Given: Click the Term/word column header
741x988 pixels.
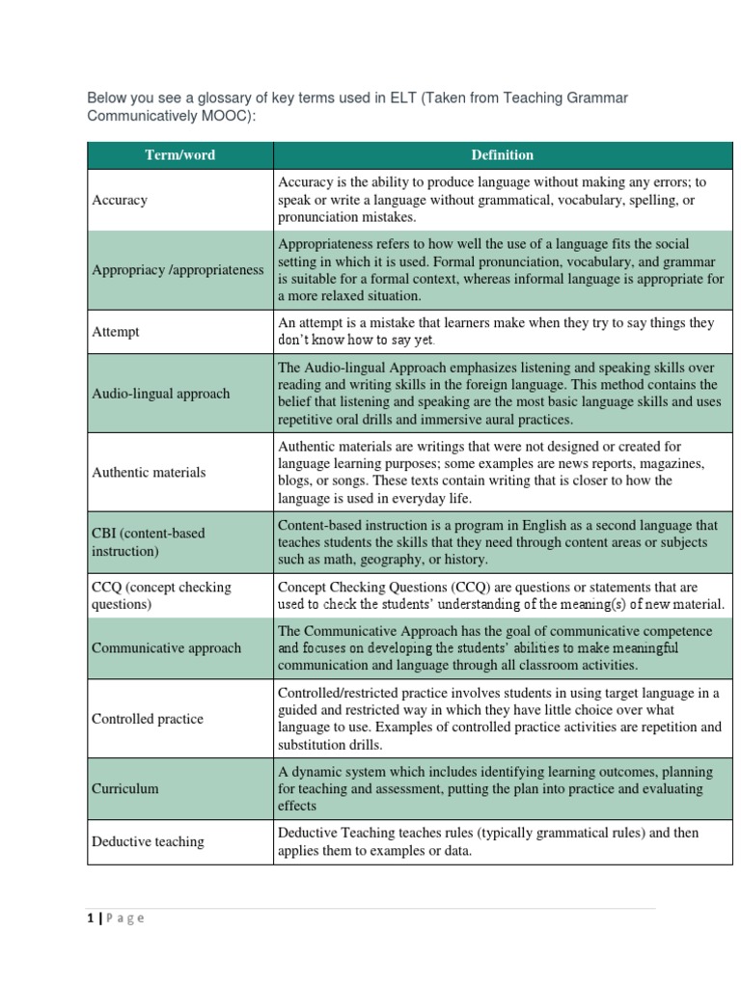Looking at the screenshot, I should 180,155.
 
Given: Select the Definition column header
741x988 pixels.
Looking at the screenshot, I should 502,155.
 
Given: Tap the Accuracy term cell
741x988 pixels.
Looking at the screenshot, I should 120,201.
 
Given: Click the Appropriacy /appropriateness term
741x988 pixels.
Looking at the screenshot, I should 178,270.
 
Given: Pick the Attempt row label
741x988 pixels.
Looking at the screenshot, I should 116,332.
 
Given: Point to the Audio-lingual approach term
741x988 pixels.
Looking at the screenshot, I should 161,394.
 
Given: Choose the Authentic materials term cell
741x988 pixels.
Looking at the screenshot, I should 149,473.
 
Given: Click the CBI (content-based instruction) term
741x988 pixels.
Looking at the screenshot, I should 149,542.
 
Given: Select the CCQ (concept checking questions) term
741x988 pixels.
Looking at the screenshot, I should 160,596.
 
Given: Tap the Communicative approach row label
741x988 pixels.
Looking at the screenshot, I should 166,648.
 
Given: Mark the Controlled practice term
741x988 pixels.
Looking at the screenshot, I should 148,719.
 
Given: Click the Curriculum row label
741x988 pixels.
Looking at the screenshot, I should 125,788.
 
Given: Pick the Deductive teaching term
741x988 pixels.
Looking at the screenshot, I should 148,841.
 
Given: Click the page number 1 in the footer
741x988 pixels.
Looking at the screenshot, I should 91,918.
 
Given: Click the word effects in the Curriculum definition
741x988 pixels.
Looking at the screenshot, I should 297,807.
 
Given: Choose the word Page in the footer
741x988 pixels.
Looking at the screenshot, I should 124,919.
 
